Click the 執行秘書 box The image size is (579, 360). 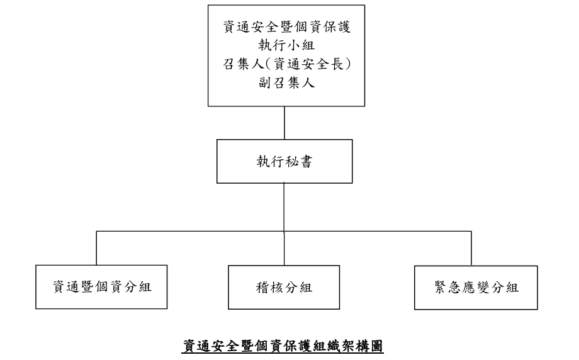(x=284, y=161)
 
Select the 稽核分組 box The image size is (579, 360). (x=284, y=287)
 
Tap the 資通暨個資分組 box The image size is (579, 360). (x=101, y=287)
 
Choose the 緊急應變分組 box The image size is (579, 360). (x=476, y=288)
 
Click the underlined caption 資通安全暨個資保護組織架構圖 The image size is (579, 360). (x=283, y=346)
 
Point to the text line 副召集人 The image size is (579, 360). (x=286, y=82)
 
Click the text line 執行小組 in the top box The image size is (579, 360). (x=286, y=45)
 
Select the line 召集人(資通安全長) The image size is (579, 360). (x=286, y=64)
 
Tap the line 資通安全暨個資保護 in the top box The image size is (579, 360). (x=286, y=26)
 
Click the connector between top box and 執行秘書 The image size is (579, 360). (x=284, y=123)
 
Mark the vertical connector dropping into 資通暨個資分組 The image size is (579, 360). (x=96, y=248)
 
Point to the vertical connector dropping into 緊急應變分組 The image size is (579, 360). (x=471, y=249)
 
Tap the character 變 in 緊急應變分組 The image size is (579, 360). (x=483, y=288)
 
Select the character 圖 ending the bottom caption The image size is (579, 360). (x=376, y=346)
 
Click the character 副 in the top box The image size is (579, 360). (x=265, y=82)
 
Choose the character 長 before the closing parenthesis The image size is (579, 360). (x=336, y=64)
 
